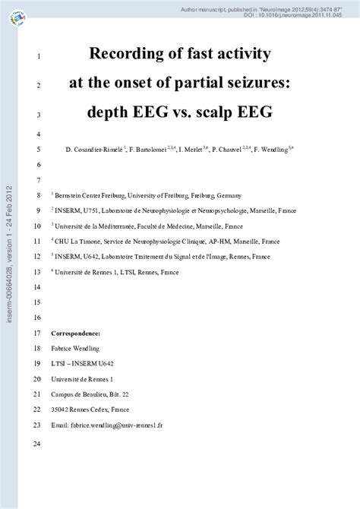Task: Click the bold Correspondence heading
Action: click(74, 334)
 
